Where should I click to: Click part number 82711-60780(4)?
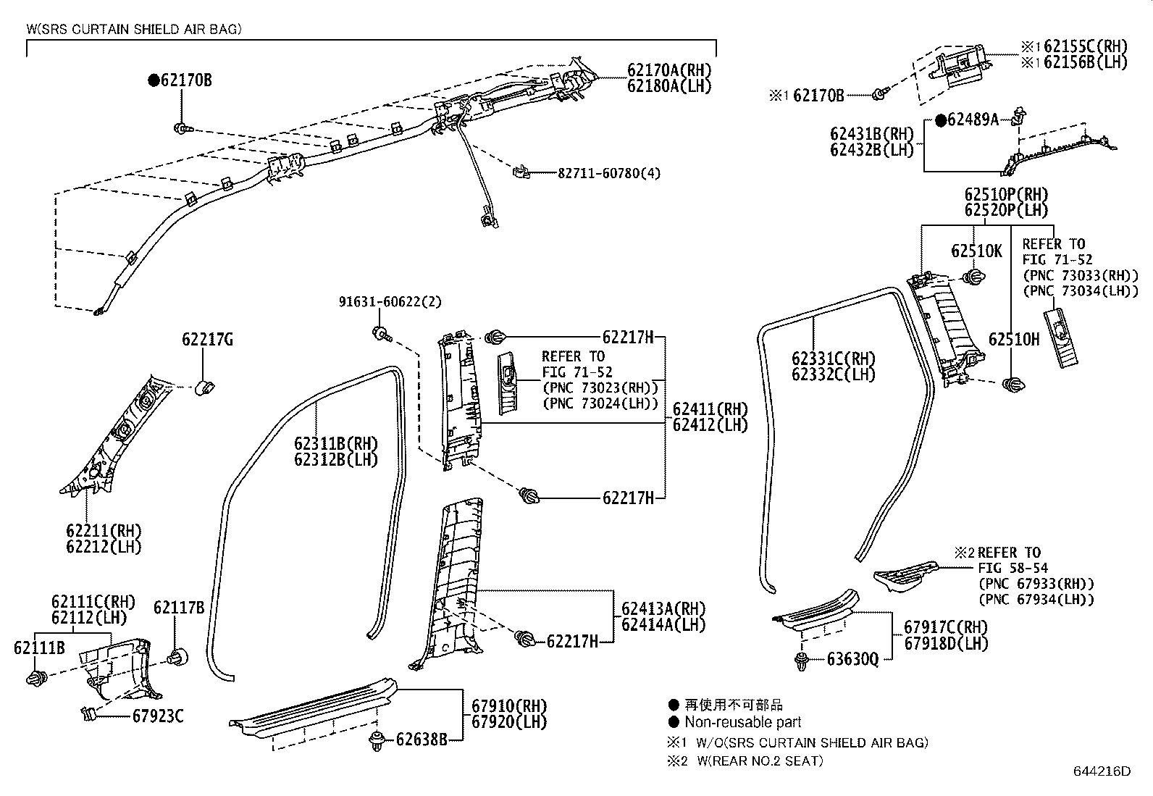point(609,174)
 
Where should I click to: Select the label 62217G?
point(207,339)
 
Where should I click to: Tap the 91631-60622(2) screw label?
point(390,301)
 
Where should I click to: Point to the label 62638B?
point(421,740)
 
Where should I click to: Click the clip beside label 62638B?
point(377,740)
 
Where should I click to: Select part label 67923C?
point(158,716)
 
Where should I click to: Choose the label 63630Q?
point(853,659)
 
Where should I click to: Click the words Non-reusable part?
point(742,722)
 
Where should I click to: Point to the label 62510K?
point(976,251)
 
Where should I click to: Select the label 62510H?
point(1014,340)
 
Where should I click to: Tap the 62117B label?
point(179,608)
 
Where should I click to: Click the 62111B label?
point(39,648)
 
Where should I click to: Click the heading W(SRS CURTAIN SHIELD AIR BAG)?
point(135,30)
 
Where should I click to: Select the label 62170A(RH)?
point(669,70)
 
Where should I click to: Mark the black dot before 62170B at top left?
point(154,80)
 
